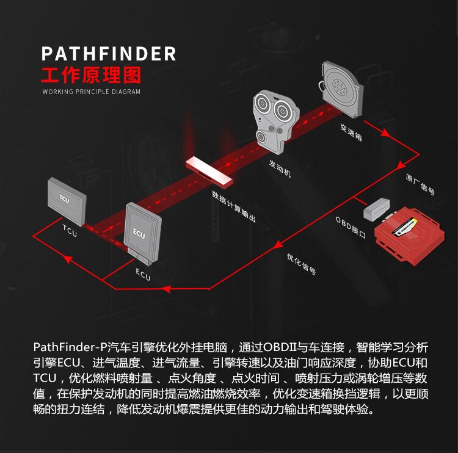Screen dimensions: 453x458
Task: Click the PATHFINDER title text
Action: [x=109, y=54]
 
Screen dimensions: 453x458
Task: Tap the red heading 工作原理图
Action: [x=90, y=75]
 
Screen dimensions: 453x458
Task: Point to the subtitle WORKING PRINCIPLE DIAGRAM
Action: [x=91, y=92]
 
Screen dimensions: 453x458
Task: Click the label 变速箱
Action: [x=351, y=132]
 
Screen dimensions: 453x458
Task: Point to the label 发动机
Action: [x=280, y=168]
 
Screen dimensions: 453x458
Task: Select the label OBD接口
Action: [x=351, y=227]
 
